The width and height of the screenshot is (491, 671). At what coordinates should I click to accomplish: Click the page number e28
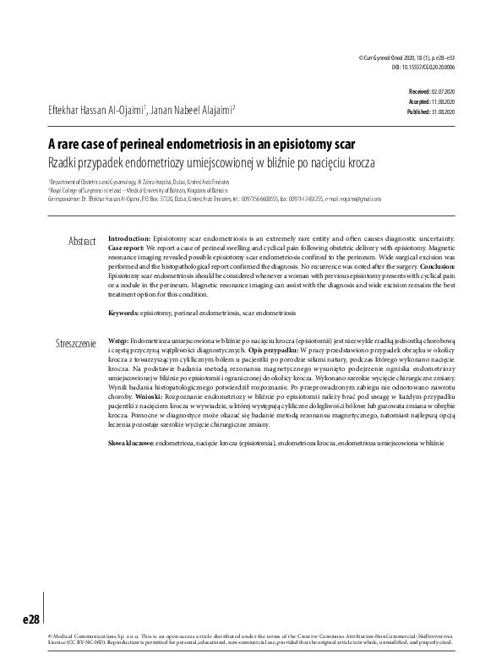(x=30, y=619)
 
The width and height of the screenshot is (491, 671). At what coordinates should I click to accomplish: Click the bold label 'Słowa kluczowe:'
(x=131, y=442)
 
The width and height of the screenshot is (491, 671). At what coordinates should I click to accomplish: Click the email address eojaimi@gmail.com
(x=359, y=199)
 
